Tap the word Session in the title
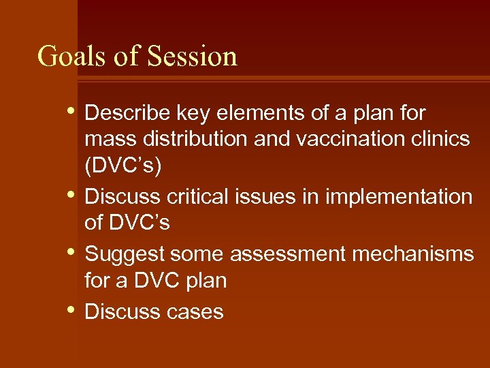tap(192, 56)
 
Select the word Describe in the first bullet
tap(127, 112)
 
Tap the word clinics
tap(441, 139)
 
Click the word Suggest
tap(125, 254)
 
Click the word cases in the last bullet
tap(196, 311)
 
